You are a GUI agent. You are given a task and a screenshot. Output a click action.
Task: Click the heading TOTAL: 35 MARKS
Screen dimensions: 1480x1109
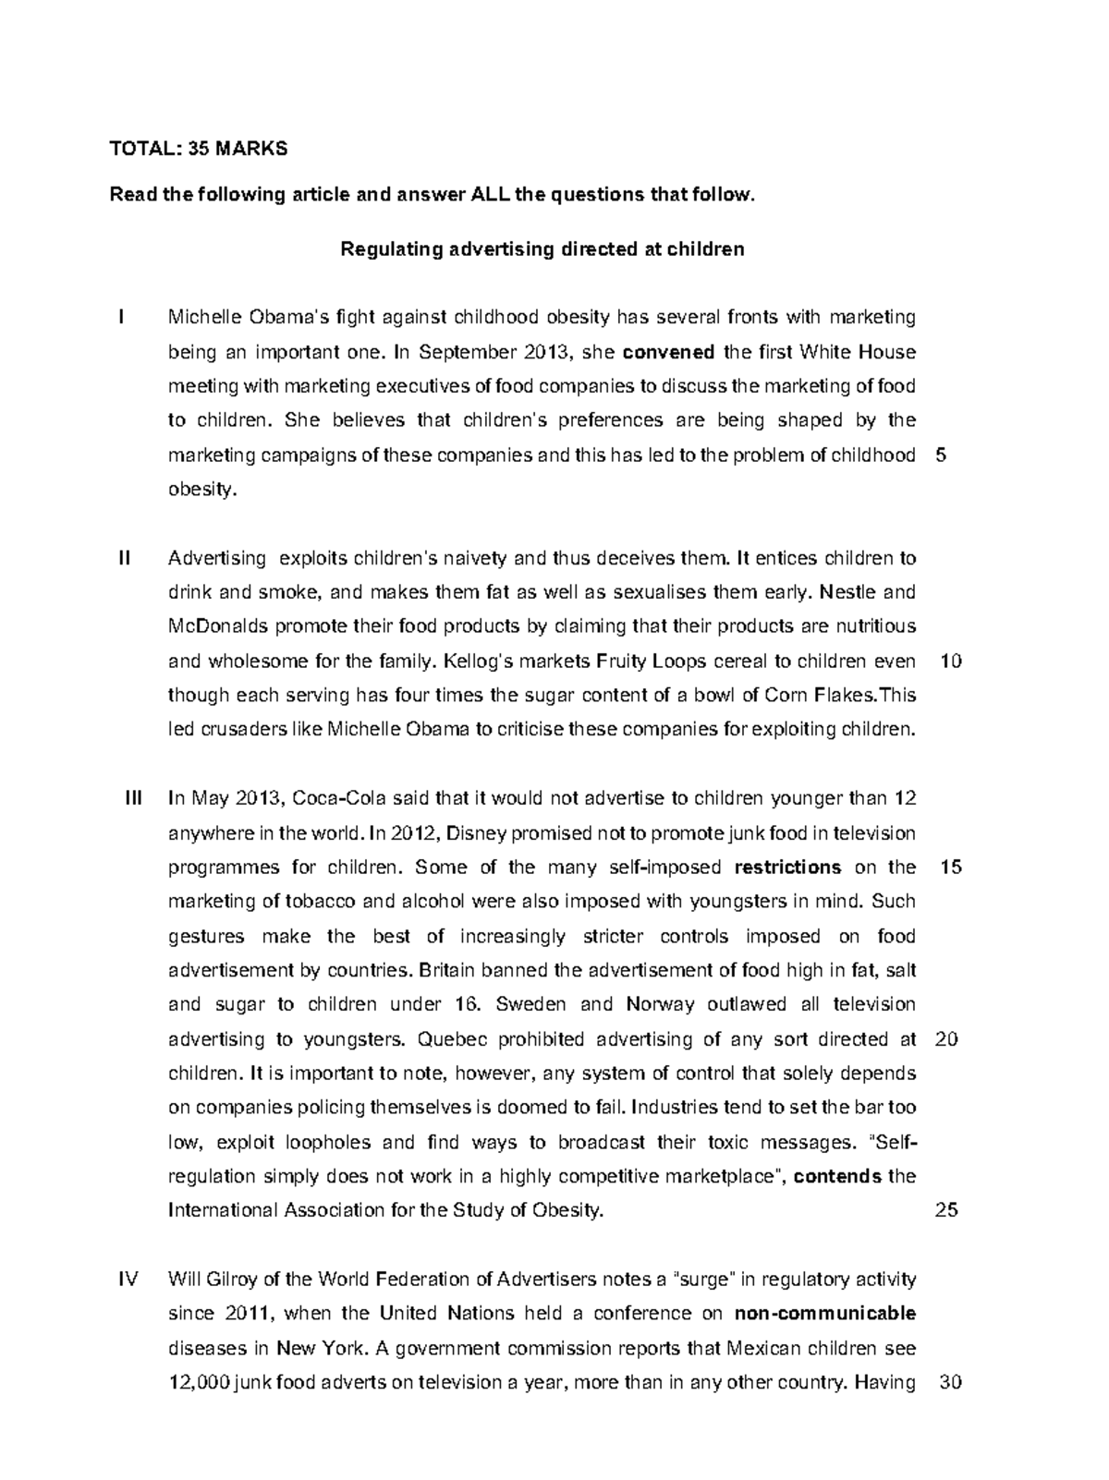pyautogui.click(x=199, y=149)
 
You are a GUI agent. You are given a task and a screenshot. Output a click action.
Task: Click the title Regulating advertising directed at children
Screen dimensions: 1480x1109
pyautogui.click(x=542, y=249)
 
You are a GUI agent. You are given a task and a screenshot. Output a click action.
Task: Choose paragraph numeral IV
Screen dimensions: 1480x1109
pyautogui.click(x=128, y=1280)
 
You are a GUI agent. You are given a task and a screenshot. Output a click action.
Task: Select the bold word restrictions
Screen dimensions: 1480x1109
pyautogui.click(x=787, y=867)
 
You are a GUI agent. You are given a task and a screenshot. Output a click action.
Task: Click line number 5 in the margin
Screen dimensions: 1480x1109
pyautogui.click(x=941, y=455)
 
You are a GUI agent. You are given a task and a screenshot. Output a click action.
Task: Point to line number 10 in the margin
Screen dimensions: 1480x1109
pyautogui.click(x=950, y=661)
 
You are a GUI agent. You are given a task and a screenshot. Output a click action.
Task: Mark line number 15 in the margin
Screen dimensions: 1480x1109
pyautogui.click(x=950, y=867)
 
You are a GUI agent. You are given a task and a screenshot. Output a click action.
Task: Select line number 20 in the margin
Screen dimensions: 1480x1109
pyautogui.click(x=947, y=1039)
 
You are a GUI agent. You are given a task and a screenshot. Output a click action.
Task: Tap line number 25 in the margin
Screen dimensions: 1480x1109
pyautogui.click(x=947, y=1210)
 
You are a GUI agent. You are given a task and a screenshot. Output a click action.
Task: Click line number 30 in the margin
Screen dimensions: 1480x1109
pyautogui.click(x=950, y=1383)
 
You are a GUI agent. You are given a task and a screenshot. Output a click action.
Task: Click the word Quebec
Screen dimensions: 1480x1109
pyautogui.click(x=450, y=1039)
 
